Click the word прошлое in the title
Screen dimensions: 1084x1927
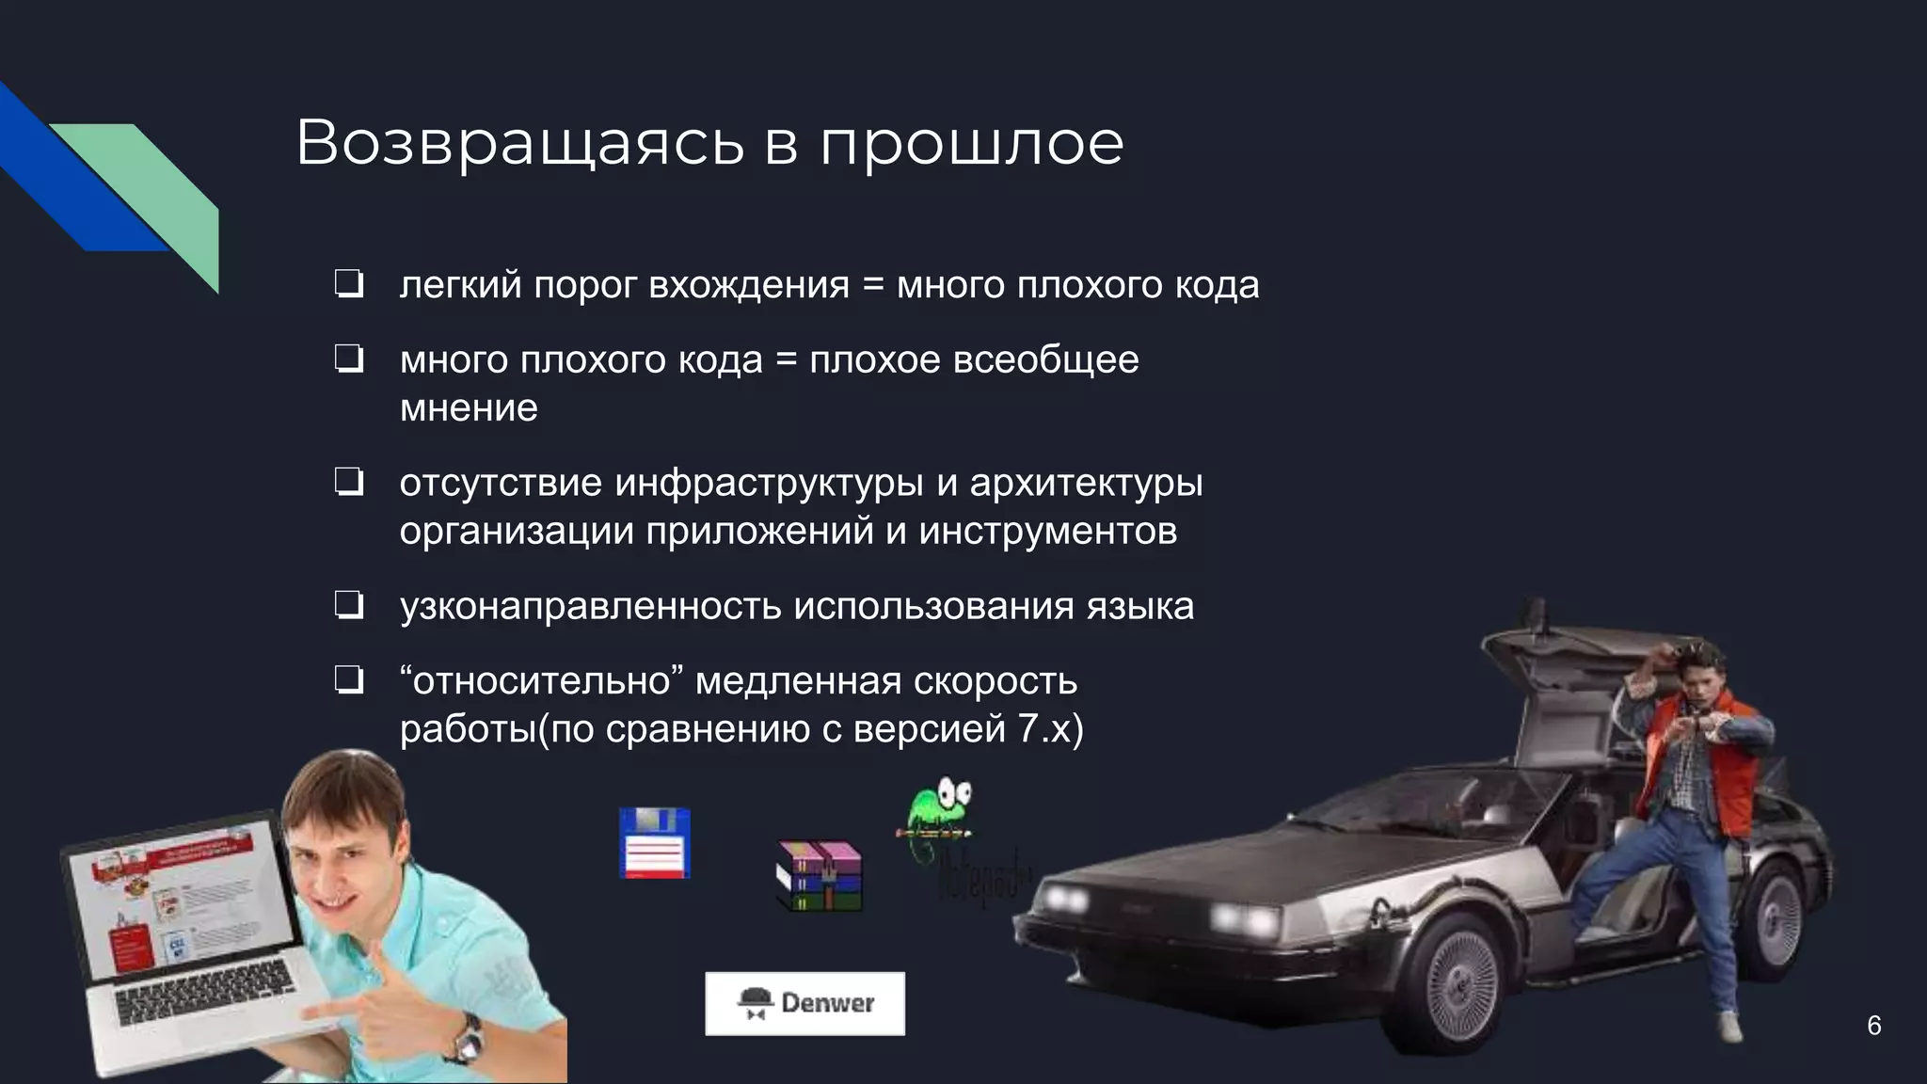[x=971, y=144]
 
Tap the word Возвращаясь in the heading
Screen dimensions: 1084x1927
[x=519, y=144]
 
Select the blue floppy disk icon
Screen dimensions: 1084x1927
[x=655, y=843]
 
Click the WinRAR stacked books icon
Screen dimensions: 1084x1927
[x=819, y=876]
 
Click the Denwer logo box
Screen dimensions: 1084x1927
[x=804, y=1003]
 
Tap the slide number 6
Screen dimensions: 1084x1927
[x=1873, y=1026]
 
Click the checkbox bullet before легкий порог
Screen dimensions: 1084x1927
[x=349, y=285]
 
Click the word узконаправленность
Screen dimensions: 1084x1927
[x=590, y=606]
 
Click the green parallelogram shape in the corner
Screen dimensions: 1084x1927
[x=151, y=188]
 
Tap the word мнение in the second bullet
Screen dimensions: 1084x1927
[x=469, y=408]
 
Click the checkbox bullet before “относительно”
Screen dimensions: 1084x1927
[x=349, y=681]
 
